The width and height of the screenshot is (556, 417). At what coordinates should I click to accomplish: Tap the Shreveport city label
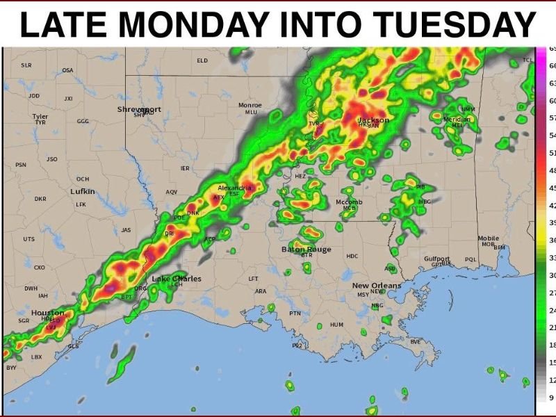(x=139, y=109)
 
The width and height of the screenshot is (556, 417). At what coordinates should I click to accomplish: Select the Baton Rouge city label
(x=306, y=249)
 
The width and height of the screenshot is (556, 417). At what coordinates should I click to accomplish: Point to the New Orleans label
(x=376, y=286)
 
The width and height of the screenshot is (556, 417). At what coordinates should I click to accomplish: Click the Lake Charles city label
(x=177, y=279)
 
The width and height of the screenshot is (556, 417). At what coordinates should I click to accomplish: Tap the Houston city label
(x=47, y=313)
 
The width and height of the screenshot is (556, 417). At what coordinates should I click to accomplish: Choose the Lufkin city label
(x=82, y=191)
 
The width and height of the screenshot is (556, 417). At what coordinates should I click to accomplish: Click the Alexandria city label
(x=235, y=188)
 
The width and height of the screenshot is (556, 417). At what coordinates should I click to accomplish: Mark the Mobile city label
(x=488, y=238)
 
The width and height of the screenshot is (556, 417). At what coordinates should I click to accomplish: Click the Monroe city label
(x=250, y=105)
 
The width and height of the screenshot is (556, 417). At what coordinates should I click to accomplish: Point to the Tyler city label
(x=40, y=116)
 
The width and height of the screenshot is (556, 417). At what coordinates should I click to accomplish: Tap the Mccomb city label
(x=350, y=202)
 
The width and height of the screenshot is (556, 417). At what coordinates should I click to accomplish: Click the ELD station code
(x=202, y=60)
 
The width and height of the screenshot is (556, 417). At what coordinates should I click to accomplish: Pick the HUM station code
(x=337, y=325)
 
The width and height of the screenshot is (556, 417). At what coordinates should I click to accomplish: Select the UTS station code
(x=28, y=239)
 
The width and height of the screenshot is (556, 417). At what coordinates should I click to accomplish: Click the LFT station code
(x=253, y=279)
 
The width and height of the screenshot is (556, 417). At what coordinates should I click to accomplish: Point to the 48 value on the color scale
(x=552, y=170)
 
